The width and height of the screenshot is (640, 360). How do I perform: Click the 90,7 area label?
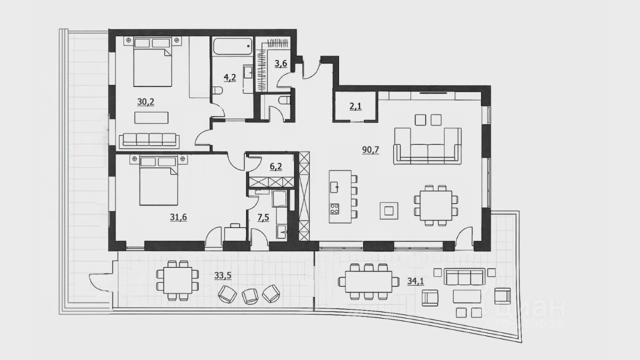tap(370, 148)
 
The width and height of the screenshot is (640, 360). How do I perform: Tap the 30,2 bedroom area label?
tap(145, 101)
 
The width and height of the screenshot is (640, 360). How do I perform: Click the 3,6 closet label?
tap(281, 63)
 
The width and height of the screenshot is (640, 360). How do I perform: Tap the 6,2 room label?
tap(275, 166)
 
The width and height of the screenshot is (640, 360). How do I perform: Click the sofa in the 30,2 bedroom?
tap(148, 139)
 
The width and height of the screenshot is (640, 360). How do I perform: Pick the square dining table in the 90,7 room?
tap(435, 205)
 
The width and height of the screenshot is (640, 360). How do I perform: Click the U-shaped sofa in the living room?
tap(427, 146)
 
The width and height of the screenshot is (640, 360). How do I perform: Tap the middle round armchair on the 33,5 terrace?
tap(250, 295)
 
